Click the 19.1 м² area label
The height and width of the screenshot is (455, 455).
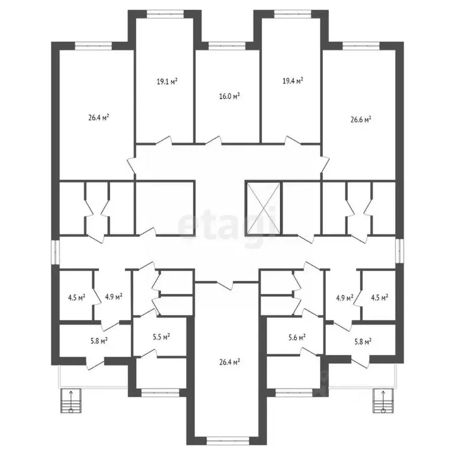[x=168, y=82]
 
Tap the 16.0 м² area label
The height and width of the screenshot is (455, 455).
[x=229, y=95]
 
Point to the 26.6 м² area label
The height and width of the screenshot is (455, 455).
[x=361, y=119]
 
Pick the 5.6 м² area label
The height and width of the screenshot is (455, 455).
[x=296, y=337]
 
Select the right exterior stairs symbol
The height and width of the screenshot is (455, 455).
[x=383, y=402]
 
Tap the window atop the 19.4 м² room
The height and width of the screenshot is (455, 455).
[x=290, y=12]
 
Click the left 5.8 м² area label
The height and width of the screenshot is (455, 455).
[x=99, y=341]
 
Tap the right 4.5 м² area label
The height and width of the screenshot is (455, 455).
[x=379, y=297]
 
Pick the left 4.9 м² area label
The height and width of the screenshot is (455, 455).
[x=113, y=296]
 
